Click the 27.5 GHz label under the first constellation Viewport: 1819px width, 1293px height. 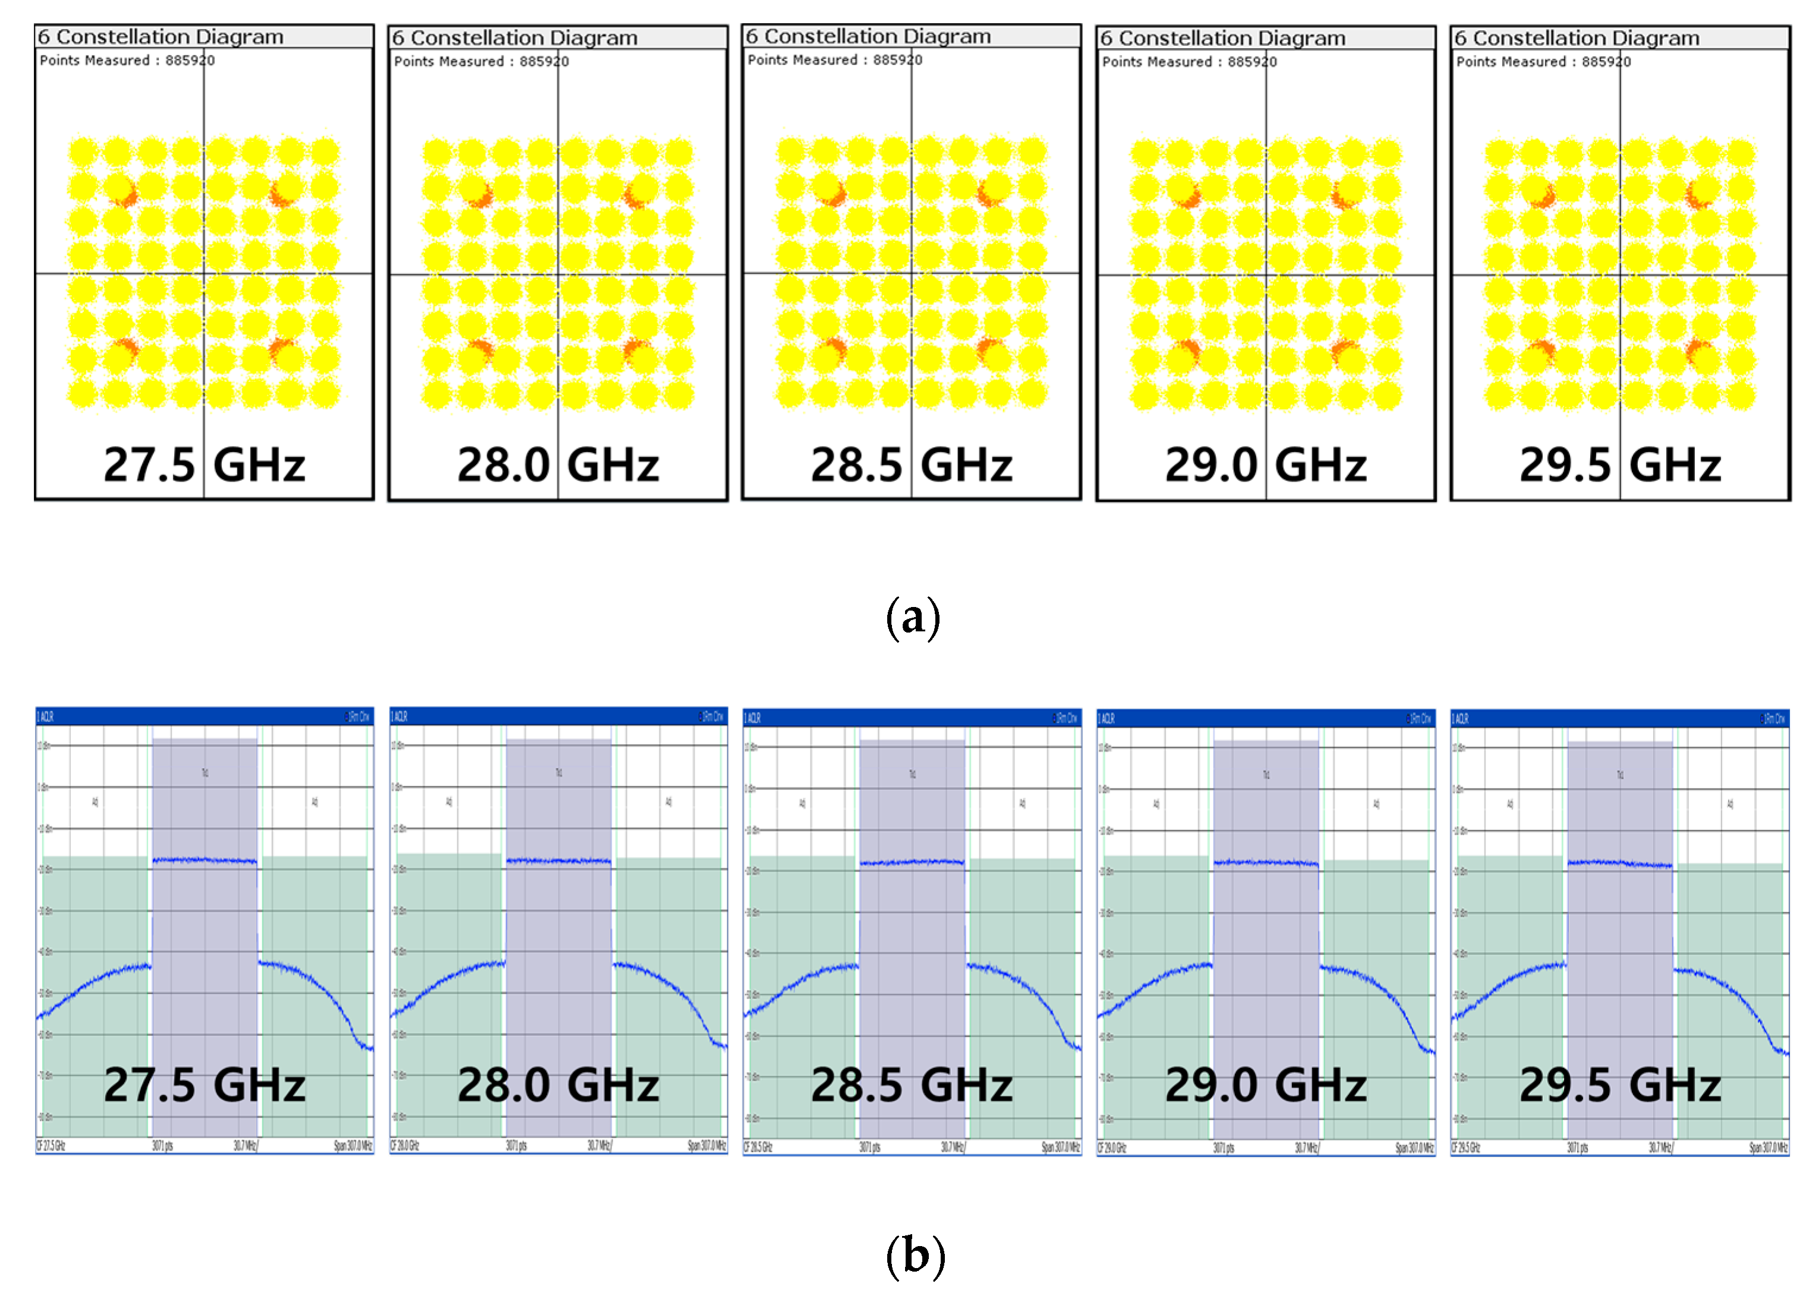[x=204, y=464]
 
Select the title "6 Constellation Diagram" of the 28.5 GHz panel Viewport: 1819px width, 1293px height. [x=868, y=37]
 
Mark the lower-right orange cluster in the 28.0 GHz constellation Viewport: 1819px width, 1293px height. [x=634, y=349]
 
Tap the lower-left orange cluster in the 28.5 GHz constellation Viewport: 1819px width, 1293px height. [x=833, y=349]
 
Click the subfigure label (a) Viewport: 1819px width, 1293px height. [x=913, y=618]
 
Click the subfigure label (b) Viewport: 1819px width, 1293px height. [x=915, y=1255]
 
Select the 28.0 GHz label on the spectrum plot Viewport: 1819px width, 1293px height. [x=557, y=1085]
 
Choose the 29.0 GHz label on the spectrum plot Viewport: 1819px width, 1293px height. [x=1266, y=1085]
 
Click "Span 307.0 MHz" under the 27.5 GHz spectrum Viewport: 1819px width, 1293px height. [x=353, y=1146]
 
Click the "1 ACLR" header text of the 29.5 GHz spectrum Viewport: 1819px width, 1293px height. [x=1461, y=718]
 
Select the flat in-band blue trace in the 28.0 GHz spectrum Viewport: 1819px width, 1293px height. [x=557, y=861]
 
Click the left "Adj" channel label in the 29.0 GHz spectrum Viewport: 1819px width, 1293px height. [x=1156, y=804]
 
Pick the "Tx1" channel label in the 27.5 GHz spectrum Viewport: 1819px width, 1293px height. [x=204, y=772]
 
